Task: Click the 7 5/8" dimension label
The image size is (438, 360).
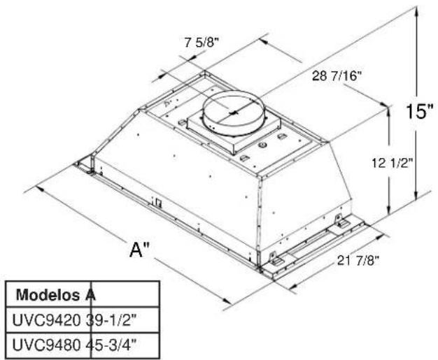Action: pos(202,43)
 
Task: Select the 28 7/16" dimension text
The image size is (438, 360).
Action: pos(336,75)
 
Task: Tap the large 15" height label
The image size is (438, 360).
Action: pos(419,112)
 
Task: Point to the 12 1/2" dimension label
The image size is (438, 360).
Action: pos(392,163)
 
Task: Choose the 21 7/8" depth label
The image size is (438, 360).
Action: pos(358,260)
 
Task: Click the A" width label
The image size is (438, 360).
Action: pos(139,250)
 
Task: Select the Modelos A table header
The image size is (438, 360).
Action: pos(56,295)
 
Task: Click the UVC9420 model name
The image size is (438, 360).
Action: pos(46,320)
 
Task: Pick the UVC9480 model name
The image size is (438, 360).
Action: pos(46,345)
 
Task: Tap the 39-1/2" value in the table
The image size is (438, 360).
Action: pos(111,320)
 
